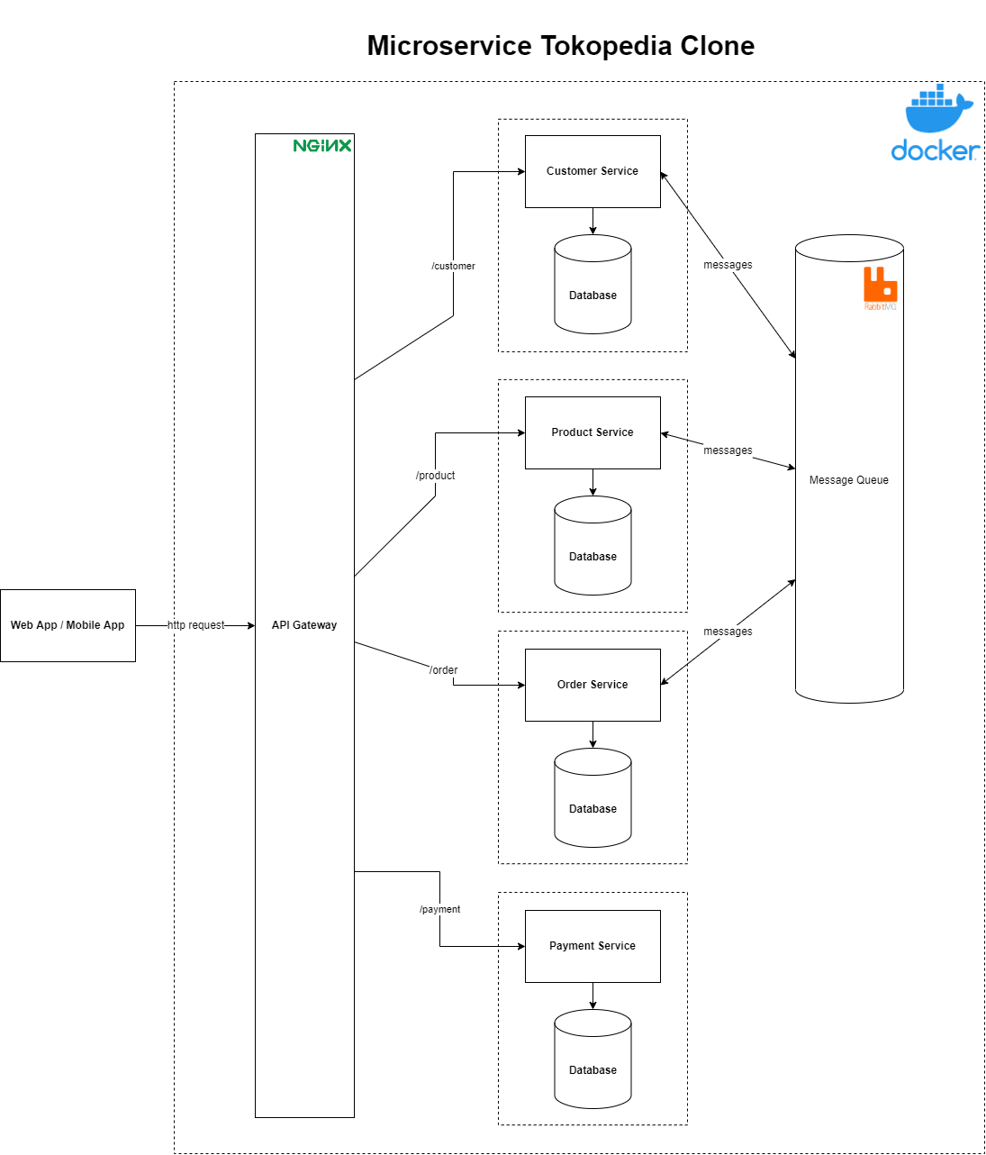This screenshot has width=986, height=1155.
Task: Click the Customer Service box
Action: tap(593, 171)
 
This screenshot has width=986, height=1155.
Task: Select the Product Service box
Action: tap(593, 432)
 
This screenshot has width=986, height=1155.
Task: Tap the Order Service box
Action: tap(593, 685)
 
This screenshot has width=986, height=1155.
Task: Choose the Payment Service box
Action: tap(593, 946)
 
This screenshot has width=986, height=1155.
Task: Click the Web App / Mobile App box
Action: tap(68, 625)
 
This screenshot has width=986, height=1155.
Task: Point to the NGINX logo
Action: tap(322, 146)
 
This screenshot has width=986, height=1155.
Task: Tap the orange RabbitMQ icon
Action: tap(880, 286)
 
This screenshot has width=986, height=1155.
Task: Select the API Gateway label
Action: tap(304, 625)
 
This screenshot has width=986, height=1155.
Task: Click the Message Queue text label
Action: tap(848, 480)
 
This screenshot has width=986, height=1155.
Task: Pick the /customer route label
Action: tap(453, 266)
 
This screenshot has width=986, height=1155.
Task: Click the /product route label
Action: tap(436, 476)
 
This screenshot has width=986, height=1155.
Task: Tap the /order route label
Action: tap(444, 670)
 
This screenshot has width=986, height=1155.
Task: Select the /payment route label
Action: tap(439, 909)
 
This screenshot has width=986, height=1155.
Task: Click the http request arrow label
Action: tap(196, 625)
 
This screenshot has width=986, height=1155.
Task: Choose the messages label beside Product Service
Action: tap(728, 450)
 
